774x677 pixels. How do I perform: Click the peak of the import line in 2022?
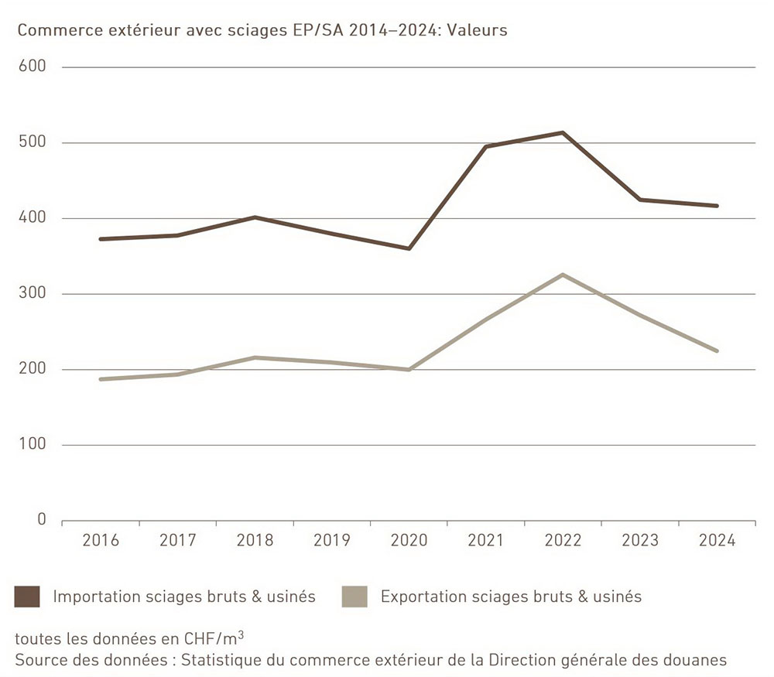pyautogui.click(x=563, y=132)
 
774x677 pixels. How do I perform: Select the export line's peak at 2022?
pyautogui.click(x=563, y=275)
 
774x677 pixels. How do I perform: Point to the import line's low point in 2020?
pyautogui.click(x=409, y=248)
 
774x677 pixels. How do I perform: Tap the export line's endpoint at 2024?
pyautogui.click(x=717, y=350)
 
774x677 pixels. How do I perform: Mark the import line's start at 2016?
pyautogui.click(x=101, y=239)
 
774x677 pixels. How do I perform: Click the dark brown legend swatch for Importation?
pyautogui.click(x=27, y=597)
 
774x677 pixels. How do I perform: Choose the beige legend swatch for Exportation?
pyautogui.click(x=354, y=597)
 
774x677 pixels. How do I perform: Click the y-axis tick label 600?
pyautogui.click(x=33, y=67)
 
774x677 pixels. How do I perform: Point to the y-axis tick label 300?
pyautogui.click(x=33, y=294)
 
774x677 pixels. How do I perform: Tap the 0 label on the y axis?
pyautogui.click(x=42, y=520)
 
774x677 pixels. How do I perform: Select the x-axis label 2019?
pyautogui.click(x=331, y=541)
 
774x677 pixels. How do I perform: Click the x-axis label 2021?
pyautogui.click(x=486, y=541)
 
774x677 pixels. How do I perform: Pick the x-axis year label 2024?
pyautogui.click(x=717, y=541)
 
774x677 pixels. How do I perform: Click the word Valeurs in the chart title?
pyautogui.click(x=479, y=31)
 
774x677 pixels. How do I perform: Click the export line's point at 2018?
pyautogui.click(x=255, y=357)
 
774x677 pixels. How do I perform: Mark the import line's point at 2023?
pyautogui.click(x=640, y=200)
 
